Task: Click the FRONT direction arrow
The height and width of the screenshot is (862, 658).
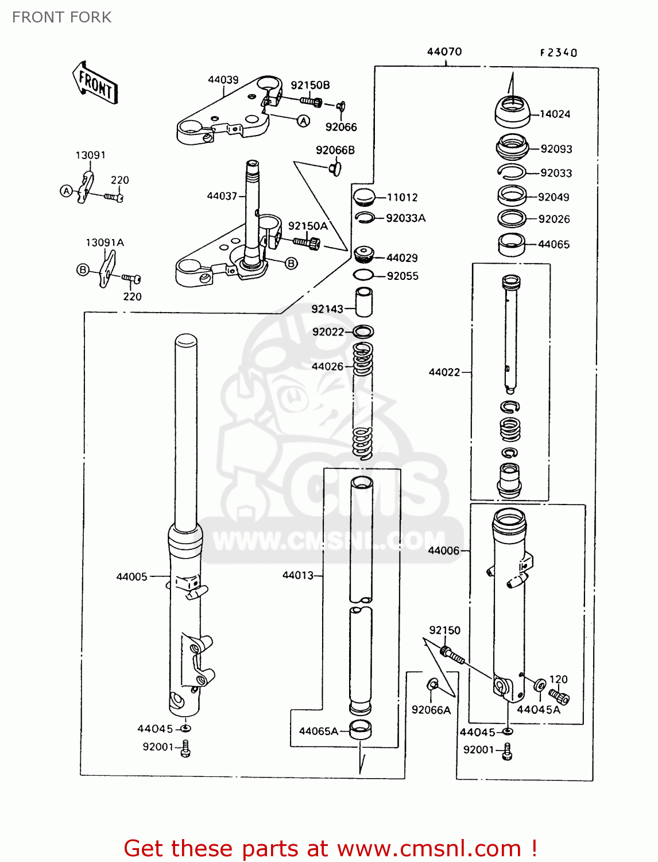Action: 95,84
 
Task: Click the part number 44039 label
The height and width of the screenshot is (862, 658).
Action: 223,80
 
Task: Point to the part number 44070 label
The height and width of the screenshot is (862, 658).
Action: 444,52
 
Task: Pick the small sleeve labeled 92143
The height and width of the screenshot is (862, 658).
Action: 363,302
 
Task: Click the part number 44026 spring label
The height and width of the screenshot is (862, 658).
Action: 327,366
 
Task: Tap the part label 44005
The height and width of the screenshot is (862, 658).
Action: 131,576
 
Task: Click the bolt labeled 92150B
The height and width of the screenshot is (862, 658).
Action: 311,102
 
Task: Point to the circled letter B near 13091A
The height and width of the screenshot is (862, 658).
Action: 83,270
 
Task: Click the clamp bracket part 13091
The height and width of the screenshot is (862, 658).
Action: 86,187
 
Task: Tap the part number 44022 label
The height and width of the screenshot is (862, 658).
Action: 444,372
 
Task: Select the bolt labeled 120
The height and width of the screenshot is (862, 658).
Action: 560,697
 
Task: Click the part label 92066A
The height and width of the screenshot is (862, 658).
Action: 431,710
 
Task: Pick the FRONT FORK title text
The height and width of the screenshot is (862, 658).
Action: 61,17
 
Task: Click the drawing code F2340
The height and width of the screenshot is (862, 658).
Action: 558,53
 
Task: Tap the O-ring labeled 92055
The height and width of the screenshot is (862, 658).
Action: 363,275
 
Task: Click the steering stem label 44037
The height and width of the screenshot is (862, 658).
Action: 222,196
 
